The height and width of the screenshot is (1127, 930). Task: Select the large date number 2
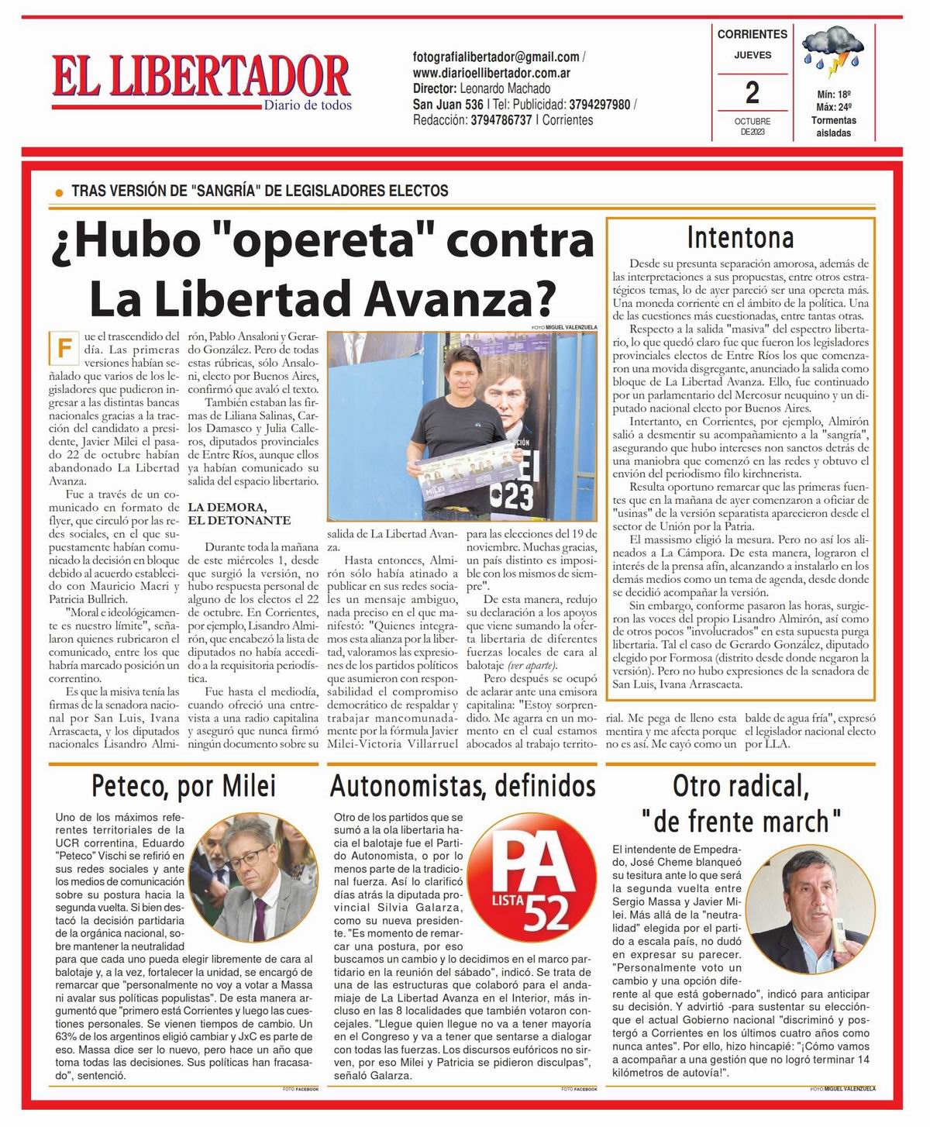(x=752, y=93)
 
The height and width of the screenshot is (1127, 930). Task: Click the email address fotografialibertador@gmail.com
(x=496, y=57)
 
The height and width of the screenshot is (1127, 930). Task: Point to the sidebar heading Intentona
(x=741, y=237)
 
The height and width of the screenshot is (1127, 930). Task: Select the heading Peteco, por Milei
(x=184, y=785)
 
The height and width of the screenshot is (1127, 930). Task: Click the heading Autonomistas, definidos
(x=463, y=786)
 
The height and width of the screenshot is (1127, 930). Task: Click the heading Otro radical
(x=740, y=786)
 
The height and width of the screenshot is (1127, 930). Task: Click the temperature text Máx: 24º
(x=833, y=107)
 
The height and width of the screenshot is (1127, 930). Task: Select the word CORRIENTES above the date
(x=752, y=34)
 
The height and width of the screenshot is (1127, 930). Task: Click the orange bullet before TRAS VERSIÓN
(x=59, y=191)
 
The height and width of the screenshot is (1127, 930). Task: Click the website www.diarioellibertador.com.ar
(x=492, y=73)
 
